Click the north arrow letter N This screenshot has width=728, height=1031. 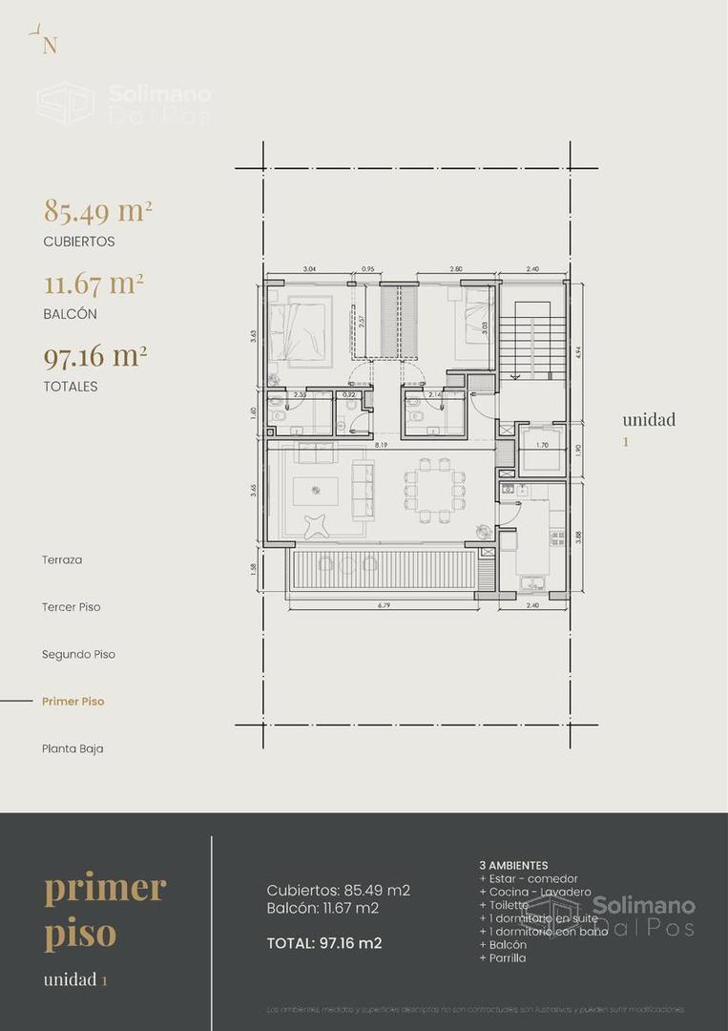pyautogui.click(x=50, y=47)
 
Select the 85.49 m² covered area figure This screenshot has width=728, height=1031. pyautogui.click(x=98, y=211)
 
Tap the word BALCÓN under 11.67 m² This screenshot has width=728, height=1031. pyautogui.click(x=70, y=314)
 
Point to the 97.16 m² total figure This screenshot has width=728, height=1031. pyautogui.click(x=95, y=357)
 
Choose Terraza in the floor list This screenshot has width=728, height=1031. pyautogui.click(x=62, y=559)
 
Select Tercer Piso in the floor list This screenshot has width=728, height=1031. pyautogui.click(x=71, y=607)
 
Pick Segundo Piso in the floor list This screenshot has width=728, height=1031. pyautogui.click(x=78, y=655)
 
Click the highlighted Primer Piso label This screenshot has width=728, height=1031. pyautogui.click(x=73, y=702)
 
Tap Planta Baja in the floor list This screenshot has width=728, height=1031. pyautogui.click(x=73, y=748)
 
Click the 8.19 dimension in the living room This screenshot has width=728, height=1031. pyautogui.click(x=381, y=445)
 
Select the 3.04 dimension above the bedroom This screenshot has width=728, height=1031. pyautogui.click(x=309, y=270)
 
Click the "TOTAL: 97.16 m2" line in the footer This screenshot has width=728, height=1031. pyautogui.click(x=324, y=943)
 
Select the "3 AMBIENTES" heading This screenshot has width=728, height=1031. pyautogui.click(x=513, y=865)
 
